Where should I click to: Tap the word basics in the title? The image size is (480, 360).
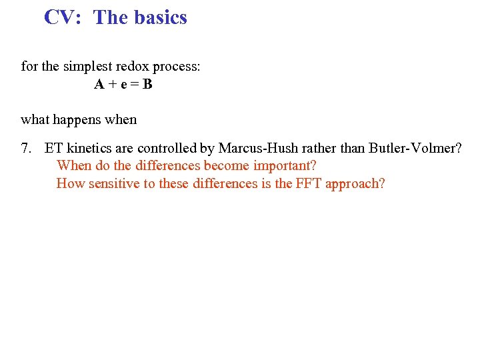tap(160, 17)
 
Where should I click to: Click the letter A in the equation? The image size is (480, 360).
tap(99, 85)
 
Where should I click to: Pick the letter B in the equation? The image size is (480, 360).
tap(147, 85)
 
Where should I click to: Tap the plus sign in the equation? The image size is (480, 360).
tap(111, 85)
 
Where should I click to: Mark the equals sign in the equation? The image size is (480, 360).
tap(135, 85)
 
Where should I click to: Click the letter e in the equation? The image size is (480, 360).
tap(123, 85)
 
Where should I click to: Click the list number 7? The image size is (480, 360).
tap(25, 148)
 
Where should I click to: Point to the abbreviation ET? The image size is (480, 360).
tap(53, 148)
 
